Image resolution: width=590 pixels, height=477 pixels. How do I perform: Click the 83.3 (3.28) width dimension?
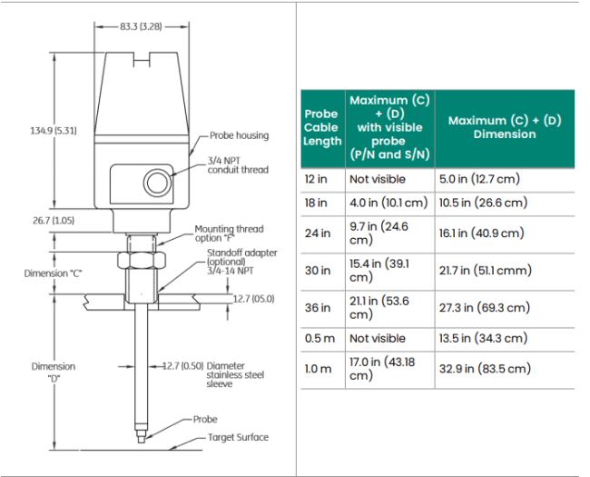140,27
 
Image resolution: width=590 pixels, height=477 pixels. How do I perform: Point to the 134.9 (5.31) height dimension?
54,131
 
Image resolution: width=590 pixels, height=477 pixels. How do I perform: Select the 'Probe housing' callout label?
239,135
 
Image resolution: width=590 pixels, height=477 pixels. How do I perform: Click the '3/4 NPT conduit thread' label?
238,164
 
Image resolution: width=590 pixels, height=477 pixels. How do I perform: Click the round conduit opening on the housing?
159,182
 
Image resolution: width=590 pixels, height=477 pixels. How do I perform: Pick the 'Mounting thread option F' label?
229,234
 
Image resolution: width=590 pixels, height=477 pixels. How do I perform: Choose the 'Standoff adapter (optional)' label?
241,257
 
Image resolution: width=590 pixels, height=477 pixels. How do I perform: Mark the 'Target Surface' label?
239,438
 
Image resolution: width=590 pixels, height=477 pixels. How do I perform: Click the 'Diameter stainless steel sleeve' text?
235,375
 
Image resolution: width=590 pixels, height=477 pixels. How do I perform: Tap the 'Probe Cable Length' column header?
321,127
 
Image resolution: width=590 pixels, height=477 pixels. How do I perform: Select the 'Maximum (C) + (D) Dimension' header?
504,127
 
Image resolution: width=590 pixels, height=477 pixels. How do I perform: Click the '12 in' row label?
316,179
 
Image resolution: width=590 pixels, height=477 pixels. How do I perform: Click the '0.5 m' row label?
319,338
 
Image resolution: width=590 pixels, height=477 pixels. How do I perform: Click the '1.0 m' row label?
318,369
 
